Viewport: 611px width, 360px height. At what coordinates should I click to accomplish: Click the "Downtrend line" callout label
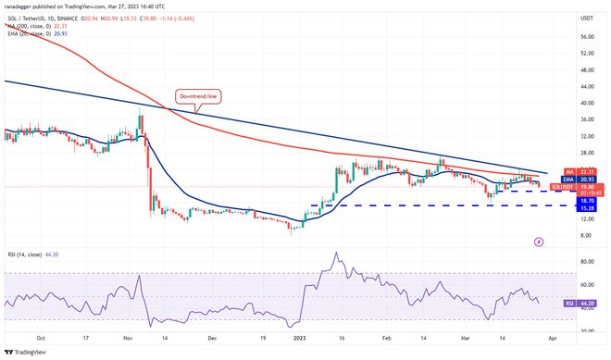click(x=199, y=95)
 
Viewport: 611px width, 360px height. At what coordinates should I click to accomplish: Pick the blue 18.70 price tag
click(x=561, y=199)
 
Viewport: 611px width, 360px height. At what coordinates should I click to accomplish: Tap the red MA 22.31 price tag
click(x=561, y=171)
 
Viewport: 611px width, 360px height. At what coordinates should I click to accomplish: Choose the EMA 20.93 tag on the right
click(x=561, y=179)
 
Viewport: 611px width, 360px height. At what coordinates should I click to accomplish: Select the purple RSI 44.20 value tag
click(x=561, y=303)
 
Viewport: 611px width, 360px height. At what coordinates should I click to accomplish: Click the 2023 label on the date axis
click(x=298, y=339)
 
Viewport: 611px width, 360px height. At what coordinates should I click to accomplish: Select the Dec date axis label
click(x=212, y=339)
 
